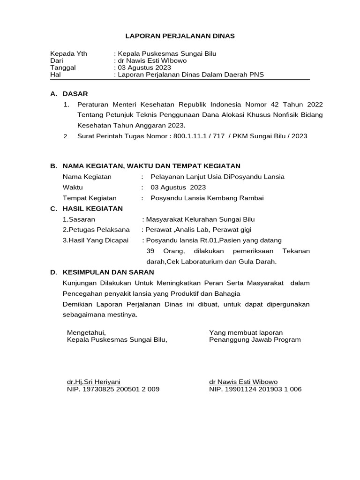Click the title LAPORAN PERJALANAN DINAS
coord(180,36)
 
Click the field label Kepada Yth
coord(68,53)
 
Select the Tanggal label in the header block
coord(63,67)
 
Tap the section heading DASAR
coord(75,94)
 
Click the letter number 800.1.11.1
coord(191,136)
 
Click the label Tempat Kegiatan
coord(90,198)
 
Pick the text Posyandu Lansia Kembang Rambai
coord(207,198)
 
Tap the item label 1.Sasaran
coord(79,219)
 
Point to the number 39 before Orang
coord(150,251)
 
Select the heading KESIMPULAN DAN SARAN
coord(108,272)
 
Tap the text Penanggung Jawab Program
coord(255,339)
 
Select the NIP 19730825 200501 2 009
coord(113,389)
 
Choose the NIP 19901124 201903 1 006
coord(255,389)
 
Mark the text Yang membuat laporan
coord(246,332)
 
